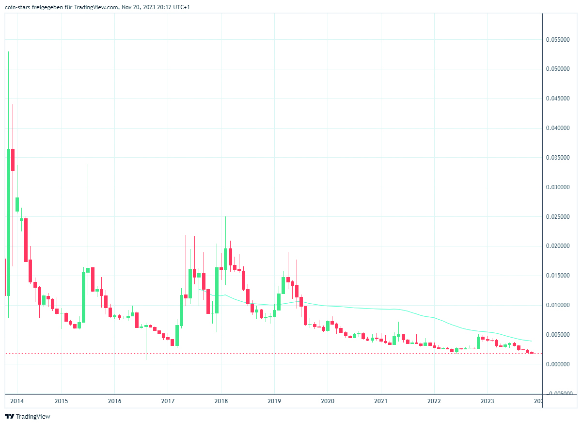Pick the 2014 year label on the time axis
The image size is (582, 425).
pos(17,401)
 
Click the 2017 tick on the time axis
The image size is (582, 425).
pos(168,401)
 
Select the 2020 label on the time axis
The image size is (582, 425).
pos(328,401)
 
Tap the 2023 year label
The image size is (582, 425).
pos(487,401)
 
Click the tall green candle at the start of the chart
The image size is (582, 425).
pos(8,222)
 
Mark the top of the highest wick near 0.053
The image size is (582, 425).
pos(8,51)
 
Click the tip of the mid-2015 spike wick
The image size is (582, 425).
pos(88,164)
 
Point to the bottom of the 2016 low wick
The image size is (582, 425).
pos(146,360)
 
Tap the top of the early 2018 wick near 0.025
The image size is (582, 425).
pos(225,217)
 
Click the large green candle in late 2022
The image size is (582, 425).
pos(478,343)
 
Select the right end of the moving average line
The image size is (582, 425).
pos(532,341)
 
